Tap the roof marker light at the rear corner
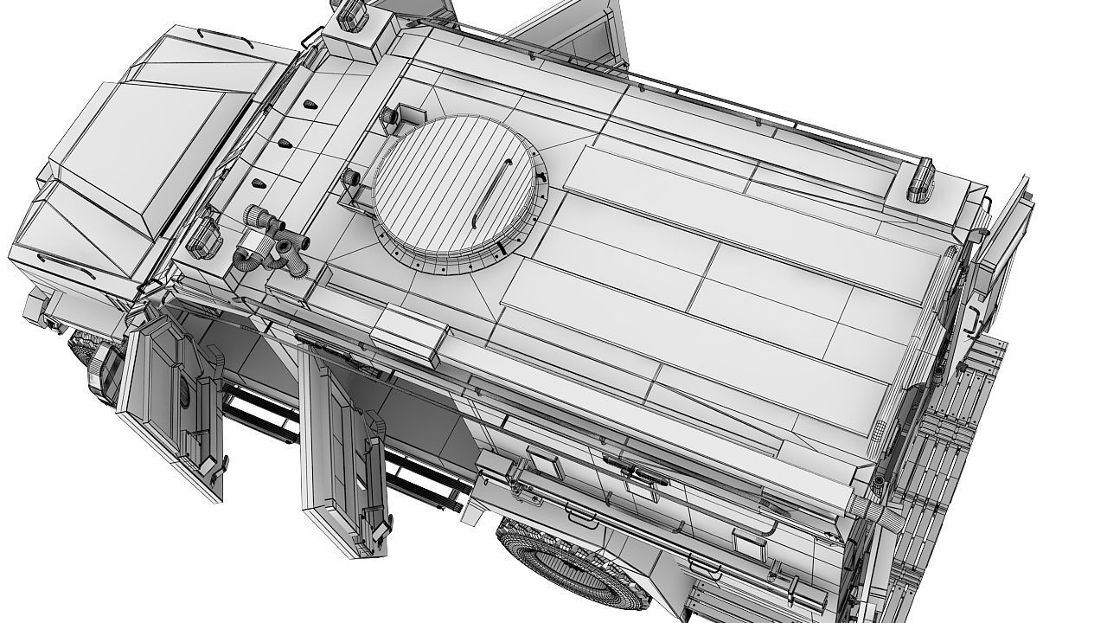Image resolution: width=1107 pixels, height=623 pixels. pyautogui.click(x=918, y=180)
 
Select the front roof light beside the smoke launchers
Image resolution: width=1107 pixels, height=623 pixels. pyautogui.click(x=201, y=235)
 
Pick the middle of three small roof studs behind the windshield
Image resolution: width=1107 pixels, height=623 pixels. pyautogui.click(x=283, y=142)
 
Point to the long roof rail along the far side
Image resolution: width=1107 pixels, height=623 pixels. pyautogui.click(x=735, y=112)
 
